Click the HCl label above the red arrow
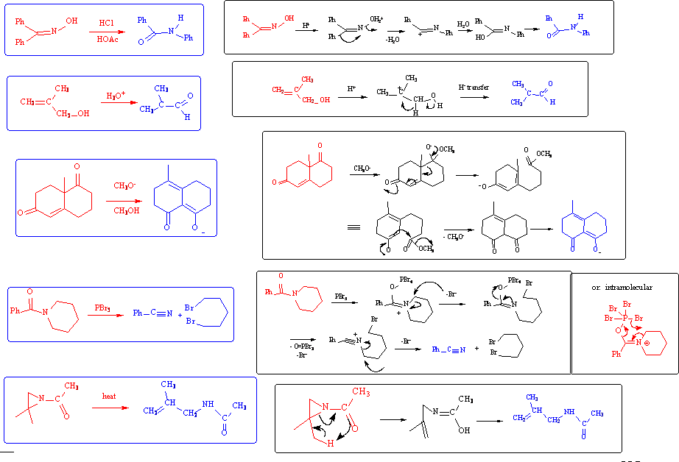pos(109,23)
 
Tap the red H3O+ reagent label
pos(116,96)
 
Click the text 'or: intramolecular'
pos(622,287)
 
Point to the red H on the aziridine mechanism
pos(331,444)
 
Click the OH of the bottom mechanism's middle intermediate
pos(464,430)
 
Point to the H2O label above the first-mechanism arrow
pos(463,24)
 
